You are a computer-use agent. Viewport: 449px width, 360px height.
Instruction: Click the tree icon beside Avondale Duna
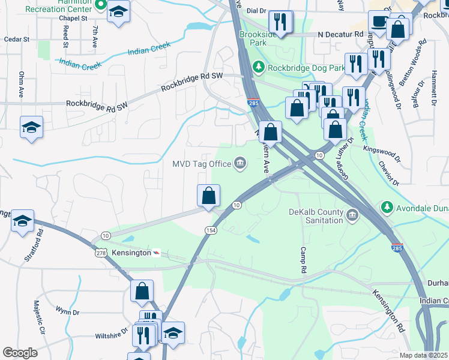coord(387,208)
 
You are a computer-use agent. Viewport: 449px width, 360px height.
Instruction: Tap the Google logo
coord(20,352)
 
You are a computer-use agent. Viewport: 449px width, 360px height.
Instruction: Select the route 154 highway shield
coord(211,230)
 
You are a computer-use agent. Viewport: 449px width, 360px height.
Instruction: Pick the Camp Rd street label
coord(303,260)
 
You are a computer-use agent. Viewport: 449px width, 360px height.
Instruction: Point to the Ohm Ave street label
coord(21,85)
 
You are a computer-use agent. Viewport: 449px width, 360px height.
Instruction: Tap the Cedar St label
coord(16,39)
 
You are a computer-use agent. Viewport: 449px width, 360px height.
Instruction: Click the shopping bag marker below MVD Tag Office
coord(209,195)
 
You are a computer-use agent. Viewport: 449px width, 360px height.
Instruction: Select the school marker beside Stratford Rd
coord(22,221)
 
